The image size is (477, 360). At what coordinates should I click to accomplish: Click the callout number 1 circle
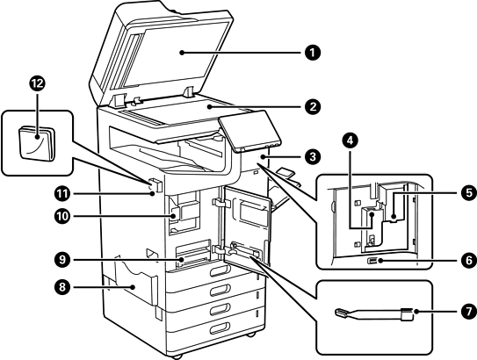(x=313, y=53)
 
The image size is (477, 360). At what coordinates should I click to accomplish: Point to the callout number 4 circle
(x=351, y=140)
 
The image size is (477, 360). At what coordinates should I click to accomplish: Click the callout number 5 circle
(x=469, y=193)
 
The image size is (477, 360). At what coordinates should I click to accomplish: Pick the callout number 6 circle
(x=469, y=261)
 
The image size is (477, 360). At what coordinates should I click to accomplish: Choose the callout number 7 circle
(x=469, y=312)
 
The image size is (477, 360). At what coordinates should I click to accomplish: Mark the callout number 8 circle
(x=62, y=287)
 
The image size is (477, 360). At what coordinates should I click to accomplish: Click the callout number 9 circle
(x=62, y=260)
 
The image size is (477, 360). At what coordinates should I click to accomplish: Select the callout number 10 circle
(x=62, y=217)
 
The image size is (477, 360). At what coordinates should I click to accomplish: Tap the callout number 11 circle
(x=62, y=194)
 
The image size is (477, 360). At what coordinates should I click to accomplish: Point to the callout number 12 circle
(x=38, y=83)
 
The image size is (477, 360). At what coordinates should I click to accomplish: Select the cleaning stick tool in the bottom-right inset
(x=374, y=314)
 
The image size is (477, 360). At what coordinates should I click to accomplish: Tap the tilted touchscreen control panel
(x=249, y=131)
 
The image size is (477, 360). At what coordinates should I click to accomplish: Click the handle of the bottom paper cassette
(x=220, y=328)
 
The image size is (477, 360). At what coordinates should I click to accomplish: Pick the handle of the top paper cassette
(x=220, y=270)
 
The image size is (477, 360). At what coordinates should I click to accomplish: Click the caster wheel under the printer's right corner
(x=251, y=335)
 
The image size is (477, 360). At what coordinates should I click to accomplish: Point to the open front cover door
(x=247, y=227)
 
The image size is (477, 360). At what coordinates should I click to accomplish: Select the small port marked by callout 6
(x=372, y=261)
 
